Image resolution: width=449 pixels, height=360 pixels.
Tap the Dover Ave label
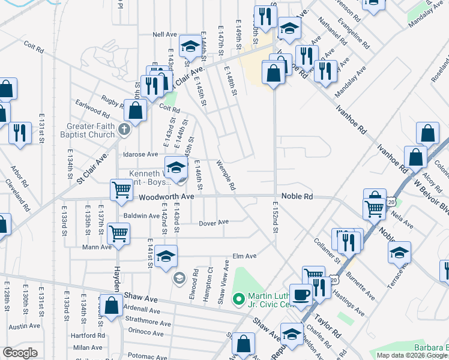pyautogui.click(x=215, y=222)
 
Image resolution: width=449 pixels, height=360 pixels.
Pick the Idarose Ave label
pyautogui.click(x=140, y=154)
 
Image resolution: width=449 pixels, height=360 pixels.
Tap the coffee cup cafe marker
pyautogui.click(x=301, y=294)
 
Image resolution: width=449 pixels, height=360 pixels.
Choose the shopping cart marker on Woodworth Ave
pyautogui.click(x=121, y=190)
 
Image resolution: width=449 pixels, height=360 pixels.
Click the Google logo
pyautogui.click(x=20, y=353)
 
